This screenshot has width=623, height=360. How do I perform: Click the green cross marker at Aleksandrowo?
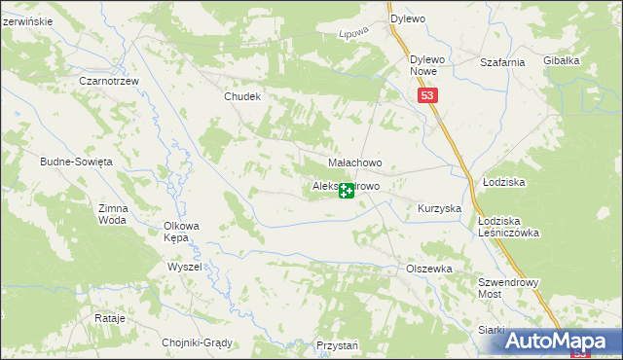pos(346,191)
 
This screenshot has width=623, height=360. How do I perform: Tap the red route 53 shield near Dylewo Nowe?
pos(429,95)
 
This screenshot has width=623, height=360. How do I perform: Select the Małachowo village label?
pos(354,162)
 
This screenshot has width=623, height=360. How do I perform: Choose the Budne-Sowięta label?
pos(77,162)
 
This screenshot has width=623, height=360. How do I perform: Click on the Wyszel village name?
pos(184,267)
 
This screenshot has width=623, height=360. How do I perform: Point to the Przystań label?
pos(338,345)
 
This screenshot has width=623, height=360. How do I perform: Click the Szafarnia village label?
pos(502,61)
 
